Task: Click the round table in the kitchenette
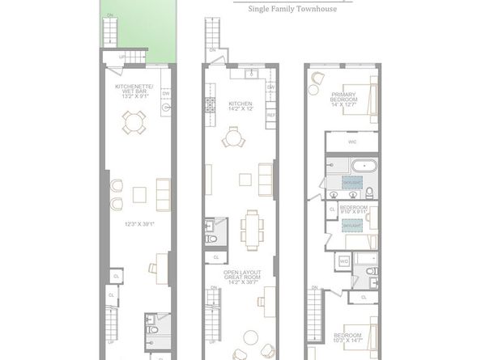pyautogui.click(x=133, y=122)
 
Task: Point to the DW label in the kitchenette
pyautogui.click(x=167, y=93)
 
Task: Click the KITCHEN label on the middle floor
pyautogui.click(x=241, y=104)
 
